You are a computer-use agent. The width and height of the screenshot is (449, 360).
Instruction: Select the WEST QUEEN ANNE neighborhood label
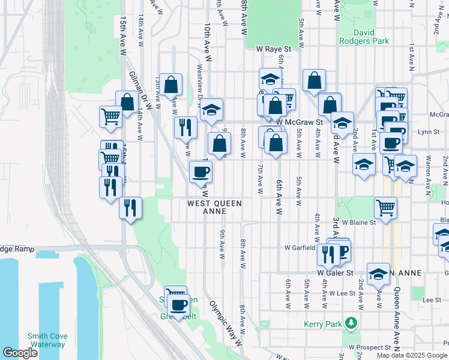[x=214, y=207]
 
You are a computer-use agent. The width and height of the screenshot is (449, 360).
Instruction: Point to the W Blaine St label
[x=358, y=221]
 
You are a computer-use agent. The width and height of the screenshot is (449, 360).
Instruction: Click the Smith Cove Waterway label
[x=47, y=340]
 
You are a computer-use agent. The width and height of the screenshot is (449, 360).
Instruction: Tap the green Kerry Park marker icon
[x=350, y=324]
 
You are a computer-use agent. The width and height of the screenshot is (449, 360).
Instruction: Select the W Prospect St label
[x=372, y=347]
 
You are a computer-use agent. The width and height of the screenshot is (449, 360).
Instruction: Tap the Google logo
[x=20, y=353]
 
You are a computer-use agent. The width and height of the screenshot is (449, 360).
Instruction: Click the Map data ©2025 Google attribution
[x=412, y=355]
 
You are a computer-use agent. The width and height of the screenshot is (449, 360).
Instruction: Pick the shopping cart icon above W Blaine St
[x=385, y=208]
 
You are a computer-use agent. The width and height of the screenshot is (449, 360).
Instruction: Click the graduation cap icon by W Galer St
[x=378, y=273]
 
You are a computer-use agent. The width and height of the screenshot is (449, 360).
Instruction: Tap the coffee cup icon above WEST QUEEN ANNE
[x=200, y=172]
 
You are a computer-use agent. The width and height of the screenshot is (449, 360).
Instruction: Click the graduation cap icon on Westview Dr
[x=211, y=110]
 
